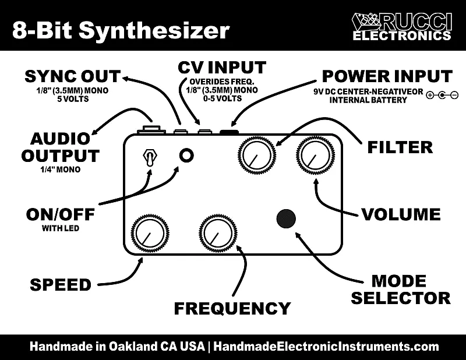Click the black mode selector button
coord(285,218)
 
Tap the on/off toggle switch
coord(149,157)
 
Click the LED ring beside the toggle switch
coord(187,155)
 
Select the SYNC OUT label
coord(72,76)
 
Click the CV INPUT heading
coord(222,67)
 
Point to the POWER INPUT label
coord(387,76)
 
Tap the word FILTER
coord(400,147)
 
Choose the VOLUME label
coord(401,214)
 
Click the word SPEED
coord(61,285)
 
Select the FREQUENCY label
coord(232,308)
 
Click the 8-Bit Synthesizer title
coord(121,30)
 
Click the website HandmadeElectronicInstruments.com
coord(326,347)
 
